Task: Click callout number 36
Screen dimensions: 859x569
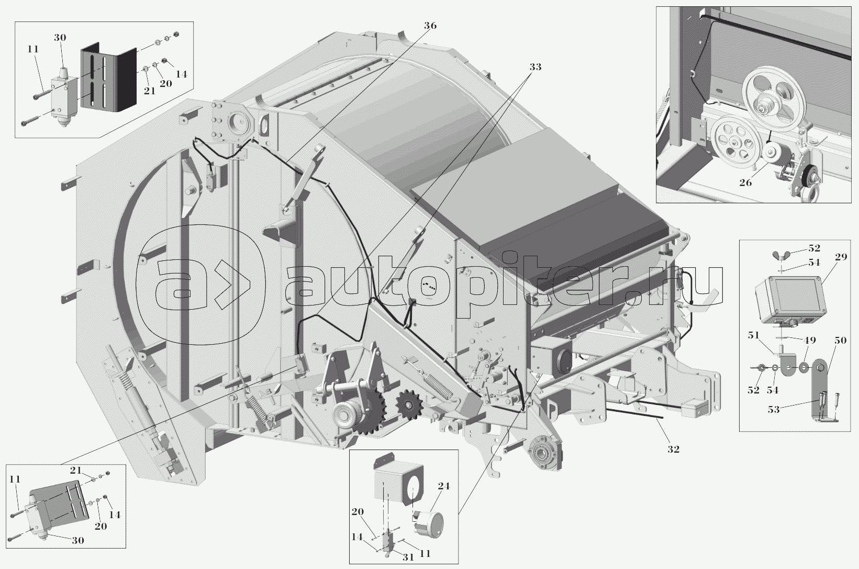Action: click(430, 26)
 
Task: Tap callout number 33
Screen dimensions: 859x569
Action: click(536, 67)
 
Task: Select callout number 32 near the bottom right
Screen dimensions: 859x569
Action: click(673, 449)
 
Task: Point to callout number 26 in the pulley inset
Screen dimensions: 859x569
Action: click(745, 183)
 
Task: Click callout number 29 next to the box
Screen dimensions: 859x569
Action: click(841, 257)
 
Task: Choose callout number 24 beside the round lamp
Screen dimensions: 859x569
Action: click(443, 486)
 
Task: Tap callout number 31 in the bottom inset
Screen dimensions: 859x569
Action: click(408, 557)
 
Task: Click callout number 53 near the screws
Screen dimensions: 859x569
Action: click(774, 410)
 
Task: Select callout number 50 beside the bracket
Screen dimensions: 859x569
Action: click(840, 341)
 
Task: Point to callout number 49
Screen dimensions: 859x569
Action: click(809, 340)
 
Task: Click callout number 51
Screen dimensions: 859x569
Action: click(754, 335)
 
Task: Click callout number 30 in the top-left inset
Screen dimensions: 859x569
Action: click(60, 38)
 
